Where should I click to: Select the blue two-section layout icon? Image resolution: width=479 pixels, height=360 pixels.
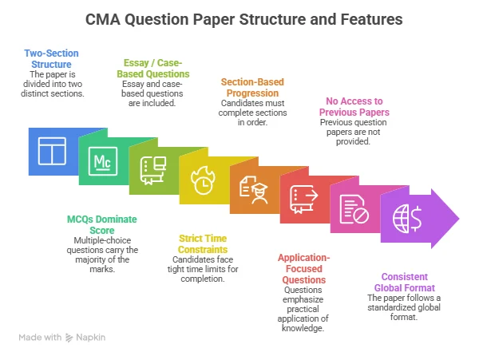[52, 150]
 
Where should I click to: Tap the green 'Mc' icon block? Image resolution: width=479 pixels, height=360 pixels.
[102, 162]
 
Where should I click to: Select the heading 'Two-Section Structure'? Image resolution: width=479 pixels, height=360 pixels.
[51, 58]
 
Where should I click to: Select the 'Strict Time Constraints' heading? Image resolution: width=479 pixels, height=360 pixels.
[203, 243]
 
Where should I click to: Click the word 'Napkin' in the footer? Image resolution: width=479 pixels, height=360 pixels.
[92, 338]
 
